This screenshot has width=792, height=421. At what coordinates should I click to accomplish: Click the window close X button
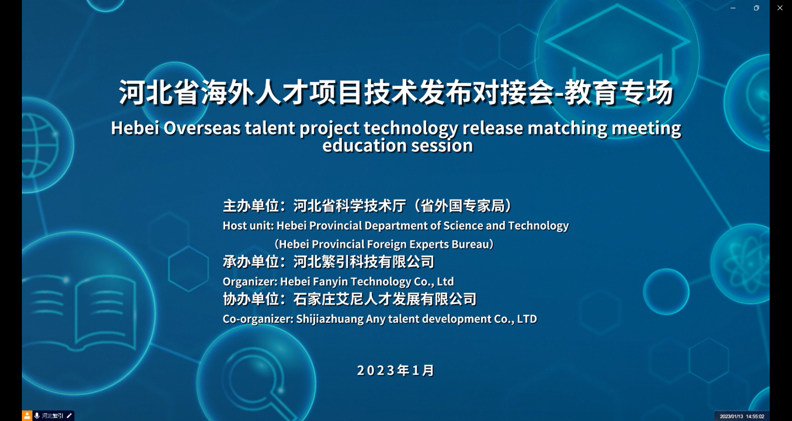780,8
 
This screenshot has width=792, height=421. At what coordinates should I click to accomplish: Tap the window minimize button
733,8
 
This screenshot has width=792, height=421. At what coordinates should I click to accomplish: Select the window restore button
756,8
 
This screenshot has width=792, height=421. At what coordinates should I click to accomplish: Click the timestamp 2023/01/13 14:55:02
742,416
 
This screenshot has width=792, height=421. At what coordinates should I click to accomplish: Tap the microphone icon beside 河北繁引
37,416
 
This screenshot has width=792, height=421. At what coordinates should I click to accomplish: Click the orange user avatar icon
27,416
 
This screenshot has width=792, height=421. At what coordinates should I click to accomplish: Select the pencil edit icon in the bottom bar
69,416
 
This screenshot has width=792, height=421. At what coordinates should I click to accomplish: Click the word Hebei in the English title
135,128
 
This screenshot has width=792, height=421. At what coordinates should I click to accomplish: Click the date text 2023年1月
396,370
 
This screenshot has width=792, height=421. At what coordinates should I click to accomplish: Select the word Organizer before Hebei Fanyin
250,281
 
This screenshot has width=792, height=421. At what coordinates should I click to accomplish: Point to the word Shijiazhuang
330,319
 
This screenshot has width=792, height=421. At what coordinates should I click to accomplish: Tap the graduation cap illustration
617,41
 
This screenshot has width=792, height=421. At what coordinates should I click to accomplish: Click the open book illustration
85,314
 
